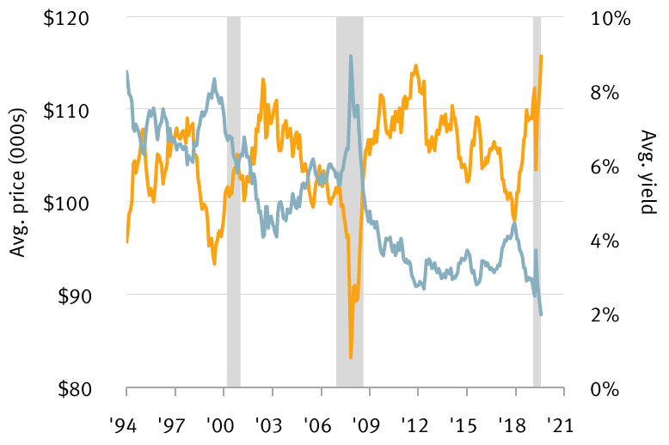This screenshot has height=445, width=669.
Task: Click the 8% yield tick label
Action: tap(605, 92)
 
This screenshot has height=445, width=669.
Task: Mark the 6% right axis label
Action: tap(605, 166)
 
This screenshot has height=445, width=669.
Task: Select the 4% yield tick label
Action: tap(605, 240)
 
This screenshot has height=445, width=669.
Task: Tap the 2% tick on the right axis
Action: tap(605, 314)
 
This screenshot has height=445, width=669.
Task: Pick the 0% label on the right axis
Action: tap(605, 387)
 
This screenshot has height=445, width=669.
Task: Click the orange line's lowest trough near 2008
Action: tap(351, 357)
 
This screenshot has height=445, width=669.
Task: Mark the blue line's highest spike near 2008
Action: tap(351, 57)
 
